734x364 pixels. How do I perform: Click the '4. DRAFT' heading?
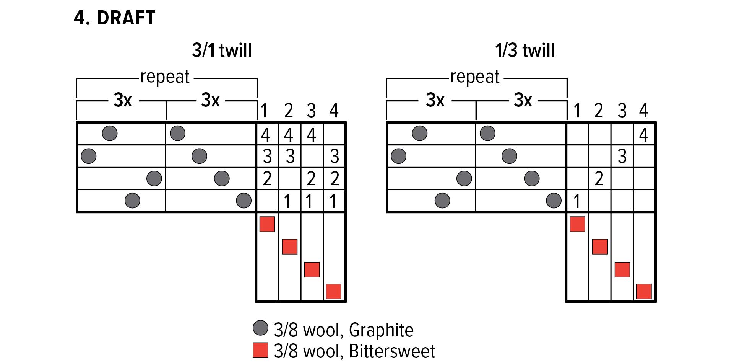(115, 18)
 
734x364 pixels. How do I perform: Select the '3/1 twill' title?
(222, 50)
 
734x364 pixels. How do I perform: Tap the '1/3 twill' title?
(525, 50)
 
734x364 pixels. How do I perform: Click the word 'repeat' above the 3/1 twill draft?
(165, 77)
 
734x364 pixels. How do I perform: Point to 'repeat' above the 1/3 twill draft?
(475, 77)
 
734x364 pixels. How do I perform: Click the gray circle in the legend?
(260, 328)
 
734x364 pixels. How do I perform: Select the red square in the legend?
(260, 350)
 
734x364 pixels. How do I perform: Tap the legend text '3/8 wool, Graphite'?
(344, 330)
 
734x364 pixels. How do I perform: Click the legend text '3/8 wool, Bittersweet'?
(354, 351)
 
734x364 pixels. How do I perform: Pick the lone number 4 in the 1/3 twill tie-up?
(644, 135)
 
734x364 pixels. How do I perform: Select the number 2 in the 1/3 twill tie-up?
(599, 179)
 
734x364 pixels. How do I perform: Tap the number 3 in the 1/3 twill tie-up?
(622, 156)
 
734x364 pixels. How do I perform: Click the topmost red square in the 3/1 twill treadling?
(267, 224)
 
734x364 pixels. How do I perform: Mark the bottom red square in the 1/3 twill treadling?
(644, 291)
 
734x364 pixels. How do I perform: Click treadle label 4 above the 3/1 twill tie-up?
(334, 111)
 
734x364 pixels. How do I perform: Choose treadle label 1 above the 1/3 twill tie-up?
(577, 111)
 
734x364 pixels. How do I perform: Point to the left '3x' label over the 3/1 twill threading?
(123, 100)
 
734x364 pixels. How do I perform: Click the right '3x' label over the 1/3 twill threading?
(523, 100)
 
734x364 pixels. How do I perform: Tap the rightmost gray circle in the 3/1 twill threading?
(244, 201)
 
